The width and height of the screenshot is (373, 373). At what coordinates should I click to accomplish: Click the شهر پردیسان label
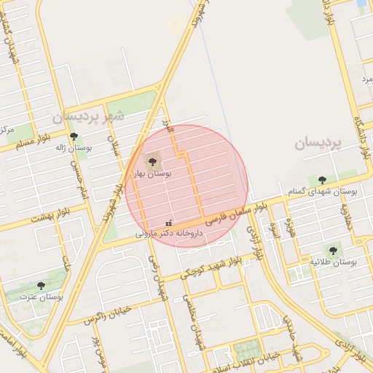pyautogui.click(x=87, y=116)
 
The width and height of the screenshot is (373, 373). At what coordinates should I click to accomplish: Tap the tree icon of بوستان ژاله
pyautogui.click(x=73, y=136)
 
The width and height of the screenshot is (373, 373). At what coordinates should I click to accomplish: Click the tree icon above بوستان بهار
pyautogui.click(x=152, y=161)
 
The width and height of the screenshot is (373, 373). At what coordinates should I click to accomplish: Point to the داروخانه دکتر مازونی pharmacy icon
pyautogui.click(x=169, y=223)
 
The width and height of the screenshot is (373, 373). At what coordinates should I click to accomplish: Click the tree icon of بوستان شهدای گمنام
pyautogui.click(x=322, y=180)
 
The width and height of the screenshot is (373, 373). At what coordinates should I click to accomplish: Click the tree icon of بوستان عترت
pyautogui.click(x=41, y=286)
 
